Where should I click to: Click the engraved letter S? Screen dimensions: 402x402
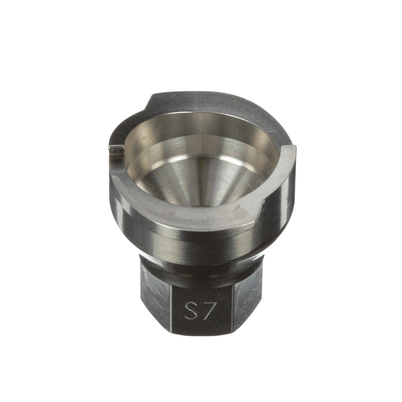click(192, 310)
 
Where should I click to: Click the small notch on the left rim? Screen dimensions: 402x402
click(117, 150)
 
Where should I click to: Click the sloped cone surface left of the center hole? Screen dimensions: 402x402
click(173, 179)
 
